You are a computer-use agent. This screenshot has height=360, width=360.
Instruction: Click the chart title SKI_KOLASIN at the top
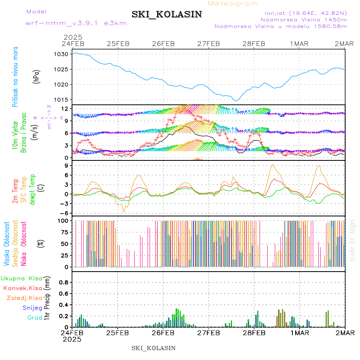167,14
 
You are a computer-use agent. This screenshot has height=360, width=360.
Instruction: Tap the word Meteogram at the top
233,4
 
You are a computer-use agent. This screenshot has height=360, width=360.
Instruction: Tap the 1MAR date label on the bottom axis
300,333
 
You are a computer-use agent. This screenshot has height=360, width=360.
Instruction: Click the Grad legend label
35,318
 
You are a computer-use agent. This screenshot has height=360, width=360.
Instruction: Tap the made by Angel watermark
352,240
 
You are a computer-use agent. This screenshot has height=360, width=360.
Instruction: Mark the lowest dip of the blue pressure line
236,100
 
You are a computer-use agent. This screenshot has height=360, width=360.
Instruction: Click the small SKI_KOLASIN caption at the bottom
153,348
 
